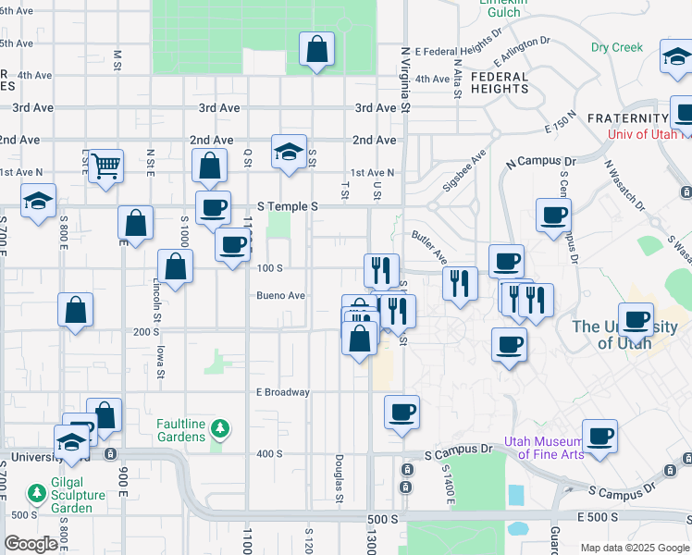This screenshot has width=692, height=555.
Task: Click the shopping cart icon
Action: [x=106, y=166]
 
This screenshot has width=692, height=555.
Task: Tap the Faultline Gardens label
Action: [x=180, y=429]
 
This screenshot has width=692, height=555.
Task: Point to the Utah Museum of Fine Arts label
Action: [x=544, y=447]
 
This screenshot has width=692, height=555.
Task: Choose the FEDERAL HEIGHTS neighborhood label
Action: [x=499, y=82]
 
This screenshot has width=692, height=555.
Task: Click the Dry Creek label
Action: [x=616, y=47]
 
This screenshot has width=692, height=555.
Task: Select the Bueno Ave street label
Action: [x=281, y=296]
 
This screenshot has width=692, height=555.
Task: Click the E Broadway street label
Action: [x=283, y=392]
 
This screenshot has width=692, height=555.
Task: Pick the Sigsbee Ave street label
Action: [x=463, y=171]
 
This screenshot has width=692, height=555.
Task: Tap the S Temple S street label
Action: [x=288, y=206]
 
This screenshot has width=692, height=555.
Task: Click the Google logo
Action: [x=31, y=544]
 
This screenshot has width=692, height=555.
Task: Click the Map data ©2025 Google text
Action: [x=634, y=548]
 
